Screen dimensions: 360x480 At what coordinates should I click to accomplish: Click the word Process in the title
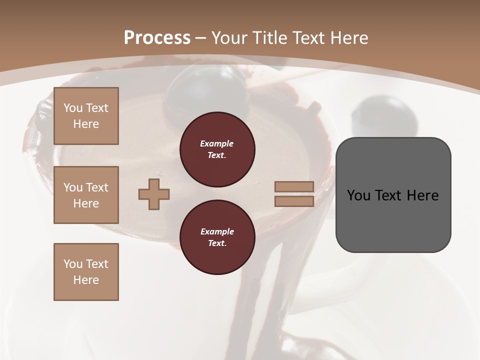coord(157,38)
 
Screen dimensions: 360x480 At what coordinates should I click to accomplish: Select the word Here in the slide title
coord(349,38)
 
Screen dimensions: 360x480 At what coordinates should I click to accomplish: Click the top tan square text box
coord(86,116)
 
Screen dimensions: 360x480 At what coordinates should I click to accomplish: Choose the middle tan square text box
coord(86,195)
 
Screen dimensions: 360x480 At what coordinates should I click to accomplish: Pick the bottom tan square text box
coord(86,272)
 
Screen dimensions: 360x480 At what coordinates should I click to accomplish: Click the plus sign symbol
coord(154,194)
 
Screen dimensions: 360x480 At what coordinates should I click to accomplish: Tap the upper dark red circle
coord(217,149)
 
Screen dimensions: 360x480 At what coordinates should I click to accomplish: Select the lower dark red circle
coord(217,237)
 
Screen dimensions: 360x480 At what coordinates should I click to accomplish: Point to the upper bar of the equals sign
coord(294,186)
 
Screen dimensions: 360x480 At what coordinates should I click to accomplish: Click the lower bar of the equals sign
coord(294,201)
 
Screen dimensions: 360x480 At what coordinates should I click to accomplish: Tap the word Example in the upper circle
coord(217,143)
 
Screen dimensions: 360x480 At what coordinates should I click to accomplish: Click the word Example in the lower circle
coord(217,231)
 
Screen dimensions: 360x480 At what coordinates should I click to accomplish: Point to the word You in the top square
coord(73,108)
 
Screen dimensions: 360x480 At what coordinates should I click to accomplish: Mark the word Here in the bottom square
coord(86,280)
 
